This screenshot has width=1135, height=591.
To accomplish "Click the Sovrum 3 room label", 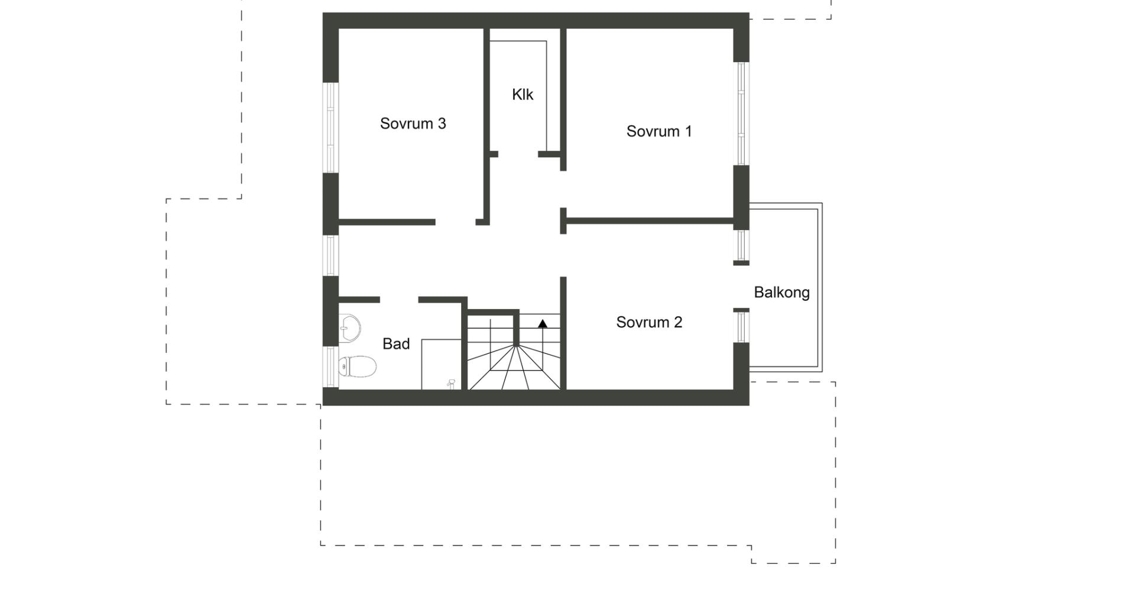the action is [x=413, y=124].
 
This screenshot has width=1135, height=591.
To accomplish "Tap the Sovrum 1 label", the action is [x=659, y=131].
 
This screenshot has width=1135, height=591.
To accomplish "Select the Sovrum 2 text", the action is [x=649, y=322].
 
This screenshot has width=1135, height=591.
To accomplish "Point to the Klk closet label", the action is [x=523, y=95].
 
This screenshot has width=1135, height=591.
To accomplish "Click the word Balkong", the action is [x=781, y=293].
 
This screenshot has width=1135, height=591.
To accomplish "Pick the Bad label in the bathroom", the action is [x=396, y=344].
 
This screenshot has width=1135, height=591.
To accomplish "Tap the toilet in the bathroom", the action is [x=358, y=366].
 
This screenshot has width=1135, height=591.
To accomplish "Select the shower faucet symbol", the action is [x=451, y=384].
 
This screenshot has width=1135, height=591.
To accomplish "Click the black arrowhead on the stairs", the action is [x=542, y=323].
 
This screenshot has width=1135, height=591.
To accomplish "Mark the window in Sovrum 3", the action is [x=330, y=128].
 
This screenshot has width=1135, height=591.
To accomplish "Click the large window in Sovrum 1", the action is [x=741, y=113].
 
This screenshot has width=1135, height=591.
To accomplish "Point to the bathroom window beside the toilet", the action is [x=330, y=367].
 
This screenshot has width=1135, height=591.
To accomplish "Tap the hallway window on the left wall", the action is [x=330, y=255].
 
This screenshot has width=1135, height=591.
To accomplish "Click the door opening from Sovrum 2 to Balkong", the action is [x=741, y=287].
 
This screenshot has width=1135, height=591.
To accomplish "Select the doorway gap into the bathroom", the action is [x=399, y=300].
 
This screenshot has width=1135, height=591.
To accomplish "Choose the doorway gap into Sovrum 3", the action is [x=456, y=222].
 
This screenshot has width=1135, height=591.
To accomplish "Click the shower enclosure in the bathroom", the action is [x=441, y=365].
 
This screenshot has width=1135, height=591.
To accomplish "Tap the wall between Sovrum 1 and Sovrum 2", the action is [x=650, y=221].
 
